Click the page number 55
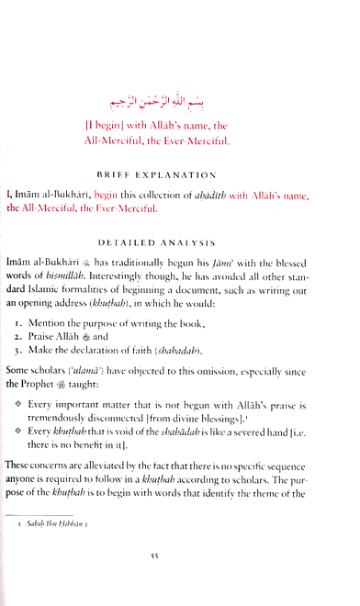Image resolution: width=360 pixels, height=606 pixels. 181,582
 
